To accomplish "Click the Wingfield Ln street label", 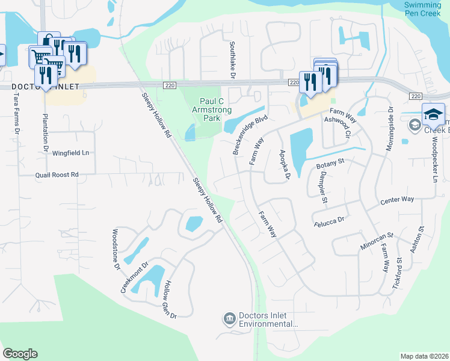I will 70,153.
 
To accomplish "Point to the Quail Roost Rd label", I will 57,174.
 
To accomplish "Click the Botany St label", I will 329,162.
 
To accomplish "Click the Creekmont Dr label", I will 134,277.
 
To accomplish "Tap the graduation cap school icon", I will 433,114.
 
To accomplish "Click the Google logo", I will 20,354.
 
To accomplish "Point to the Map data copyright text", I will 424,356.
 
